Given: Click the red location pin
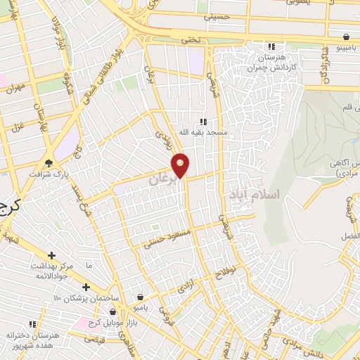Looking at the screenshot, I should click(182, 165).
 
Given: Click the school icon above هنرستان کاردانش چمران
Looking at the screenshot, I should click(272, 46).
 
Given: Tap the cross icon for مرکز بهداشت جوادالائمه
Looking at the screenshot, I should click(51, 255).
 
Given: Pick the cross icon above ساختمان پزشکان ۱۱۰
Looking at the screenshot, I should click(86, 287).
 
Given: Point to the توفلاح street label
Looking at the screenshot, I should click(233, 274).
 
